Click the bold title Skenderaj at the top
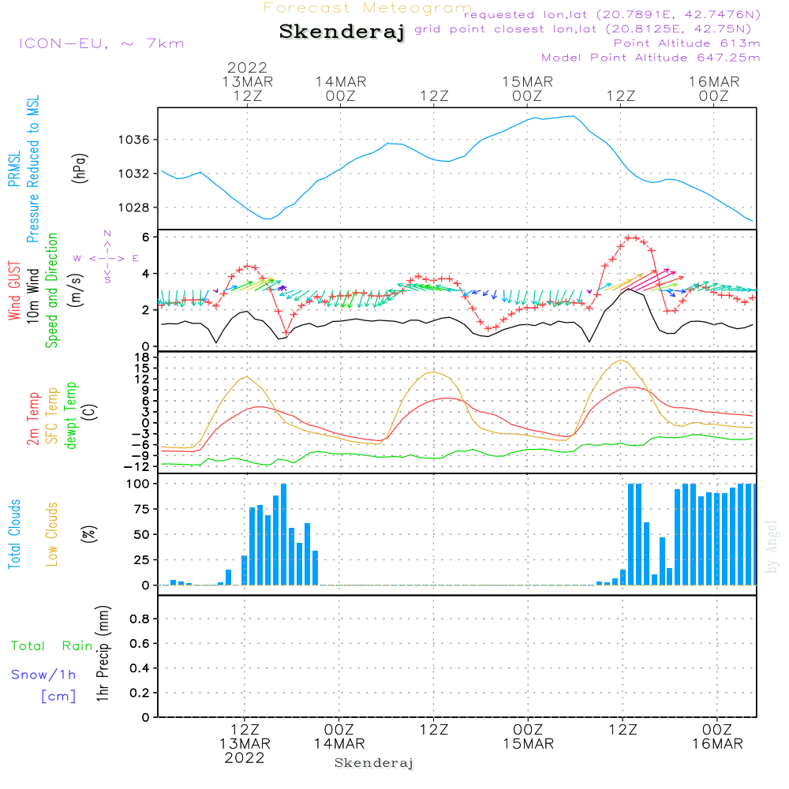[x=342, y=32]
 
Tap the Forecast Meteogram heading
[x=368, y=8]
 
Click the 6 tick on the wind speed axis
[x=146, y=237]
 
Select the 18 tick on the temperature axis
[x=143, y=357]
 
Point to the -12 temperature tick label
[x=139, y=466]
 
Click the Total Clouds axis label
[x=14, y=534]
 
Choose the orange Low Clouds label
[x=52, y=534]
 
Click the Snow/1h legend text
[x=44, y=675]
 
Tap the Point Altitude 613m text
[x=686, y=43]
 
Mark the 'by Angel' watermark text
[x=772, y=547]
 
